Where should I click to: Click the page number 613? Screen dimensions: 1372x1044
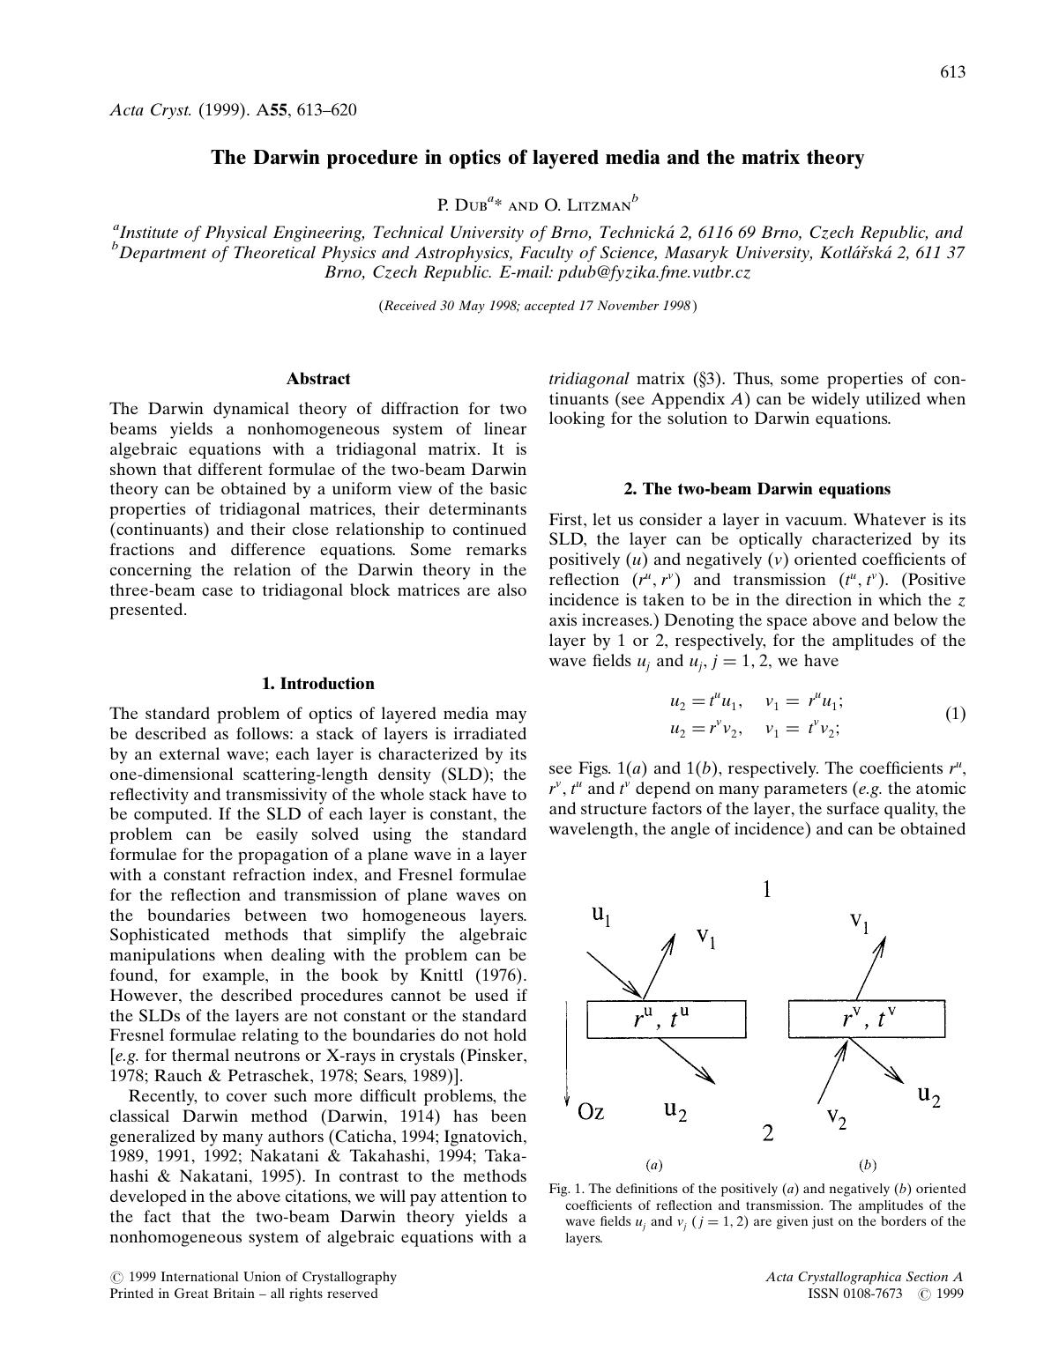coord(952,72)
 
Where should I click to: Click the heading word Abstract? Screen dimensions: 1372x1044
coord(318,379)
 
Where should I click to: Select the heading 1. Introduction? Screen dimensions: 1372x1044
coord(318,684)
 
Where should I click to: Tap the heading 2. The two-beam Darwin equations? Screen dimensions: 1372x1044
coord(757,489)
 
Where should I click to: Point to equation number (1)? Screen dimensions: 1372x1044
coord(955,714)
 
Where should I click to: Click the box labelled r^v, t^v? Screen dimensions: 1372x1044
coord(867,1020)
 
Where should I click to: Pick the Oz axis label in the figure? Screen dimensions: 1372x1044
coord(590,1111)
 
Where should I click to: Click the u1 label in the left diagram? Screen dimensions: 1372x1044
coord(600,916)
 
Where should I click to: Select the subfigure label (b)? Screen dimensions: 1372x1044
coord(868,1165)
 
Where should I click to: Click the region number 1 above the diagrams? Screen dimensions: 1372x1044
coord(767,890)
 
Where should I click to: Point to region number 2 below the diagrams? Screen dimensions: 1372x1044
coord(768,1133)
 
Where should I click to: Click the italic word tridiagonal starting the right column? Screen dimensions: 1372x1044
coord(589,379)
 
